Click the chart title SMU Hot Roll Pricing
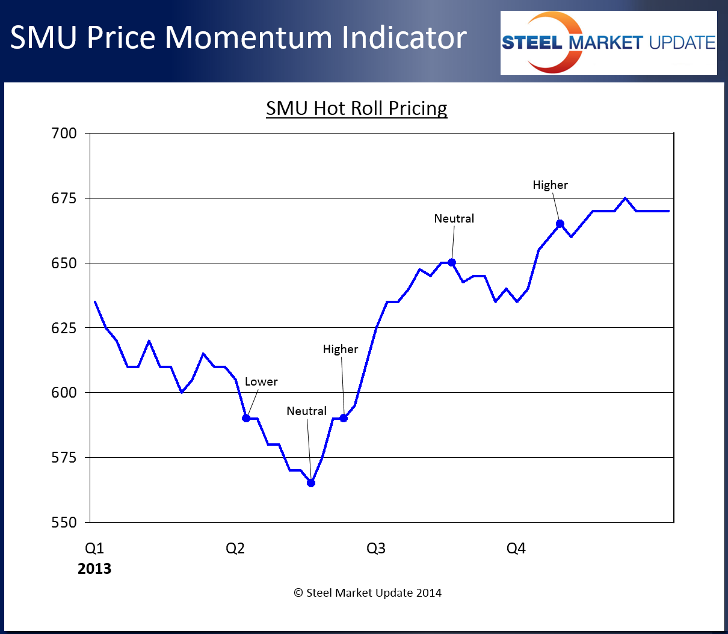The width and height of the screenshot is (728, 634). coord(356,108)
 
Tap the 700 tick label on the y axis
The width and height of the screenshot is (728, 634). coord(64,133)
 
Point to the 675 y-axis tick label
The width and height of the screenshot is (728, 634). coord(64,198)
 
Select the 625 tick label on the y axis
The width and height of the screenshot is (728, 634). coord(64,328)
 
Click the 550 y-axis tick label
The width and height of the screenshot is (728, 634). coord(64,522)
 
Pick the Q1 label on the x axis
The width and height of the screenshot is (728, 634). coord(94,548)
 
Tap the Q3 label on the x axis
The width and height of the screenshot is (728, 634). coord(376,548)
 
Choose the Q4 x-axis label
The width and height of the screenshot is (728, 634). coord(516,548)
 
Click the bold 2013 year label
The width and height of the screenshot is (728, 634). coord(94,568)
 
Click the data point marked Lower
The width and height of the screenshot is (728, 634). coord(246,418)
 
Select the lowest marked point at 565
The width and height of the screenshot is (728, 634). coord(311,483)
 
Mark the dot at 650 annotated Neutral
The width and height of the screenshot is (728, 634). coord(452,262)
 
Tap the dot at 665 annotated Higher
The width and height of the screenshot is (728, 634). coord(560,224)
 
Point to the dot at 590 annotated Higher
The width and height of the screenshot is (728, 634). coord(344,418)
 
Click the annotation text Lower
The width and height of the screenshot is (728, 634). coord(261,381)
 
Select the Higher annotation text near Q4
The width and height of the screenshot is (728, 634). coord(550,185)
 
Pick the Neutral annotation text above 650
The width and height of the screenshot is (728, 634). coord(454,218)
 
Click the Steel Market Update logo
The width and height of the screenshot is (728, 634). coord(608,43)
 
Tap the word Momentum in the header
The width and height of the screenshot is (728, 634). coord(248,37)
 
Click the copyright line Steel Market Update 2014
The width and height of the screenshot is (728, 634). coord(368,592)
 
